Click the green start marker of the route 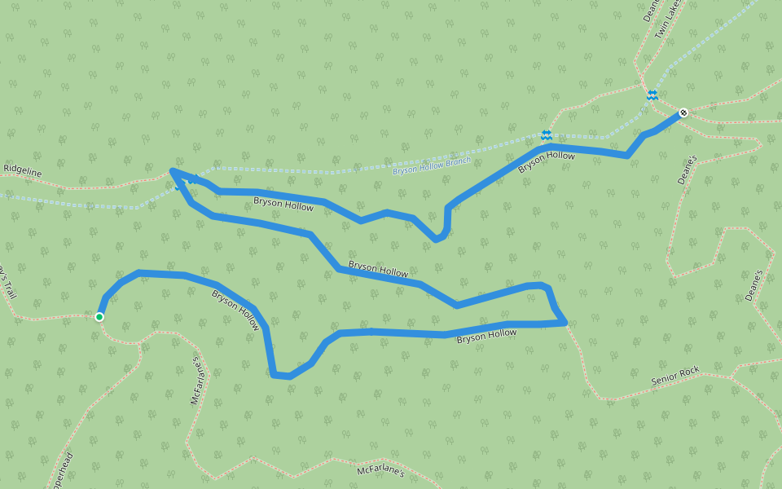click(99, 317)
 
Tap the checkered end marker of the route click(683, 112)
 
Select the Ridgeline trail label click(22, 169)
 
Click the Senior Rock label click(675, 376)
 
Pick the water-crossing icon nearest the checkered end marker click(652, 95)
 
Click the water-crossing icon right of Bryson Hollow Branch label click(546, 134)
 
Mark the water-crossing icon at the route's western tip click(179, 186)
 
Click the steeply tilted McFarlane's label click(195, 381)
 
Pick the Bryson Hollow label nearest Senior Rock click(486, 334)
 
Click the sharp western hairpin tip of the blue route click(171, 170)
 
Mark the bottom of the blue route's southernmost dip click(281, 376)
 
